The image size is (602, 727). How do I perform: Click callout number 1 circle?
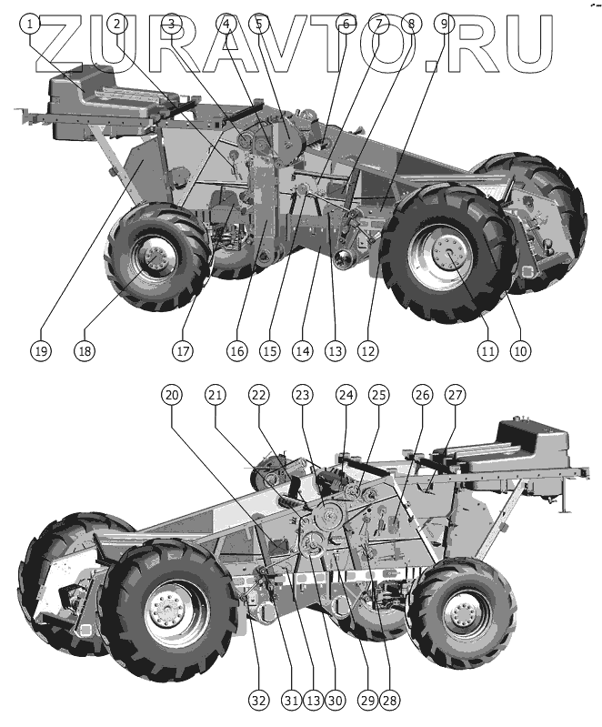(x=33, y=24)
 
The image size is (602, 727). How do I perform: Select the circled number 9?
(x=442, y=24)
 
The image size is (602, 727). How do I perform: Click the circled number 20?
(x=172, y=395)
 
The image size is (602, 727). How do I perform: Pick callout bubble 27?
(x=455, y=395)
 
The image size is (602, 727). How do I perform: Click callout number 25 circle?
(x=378, y=395)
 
